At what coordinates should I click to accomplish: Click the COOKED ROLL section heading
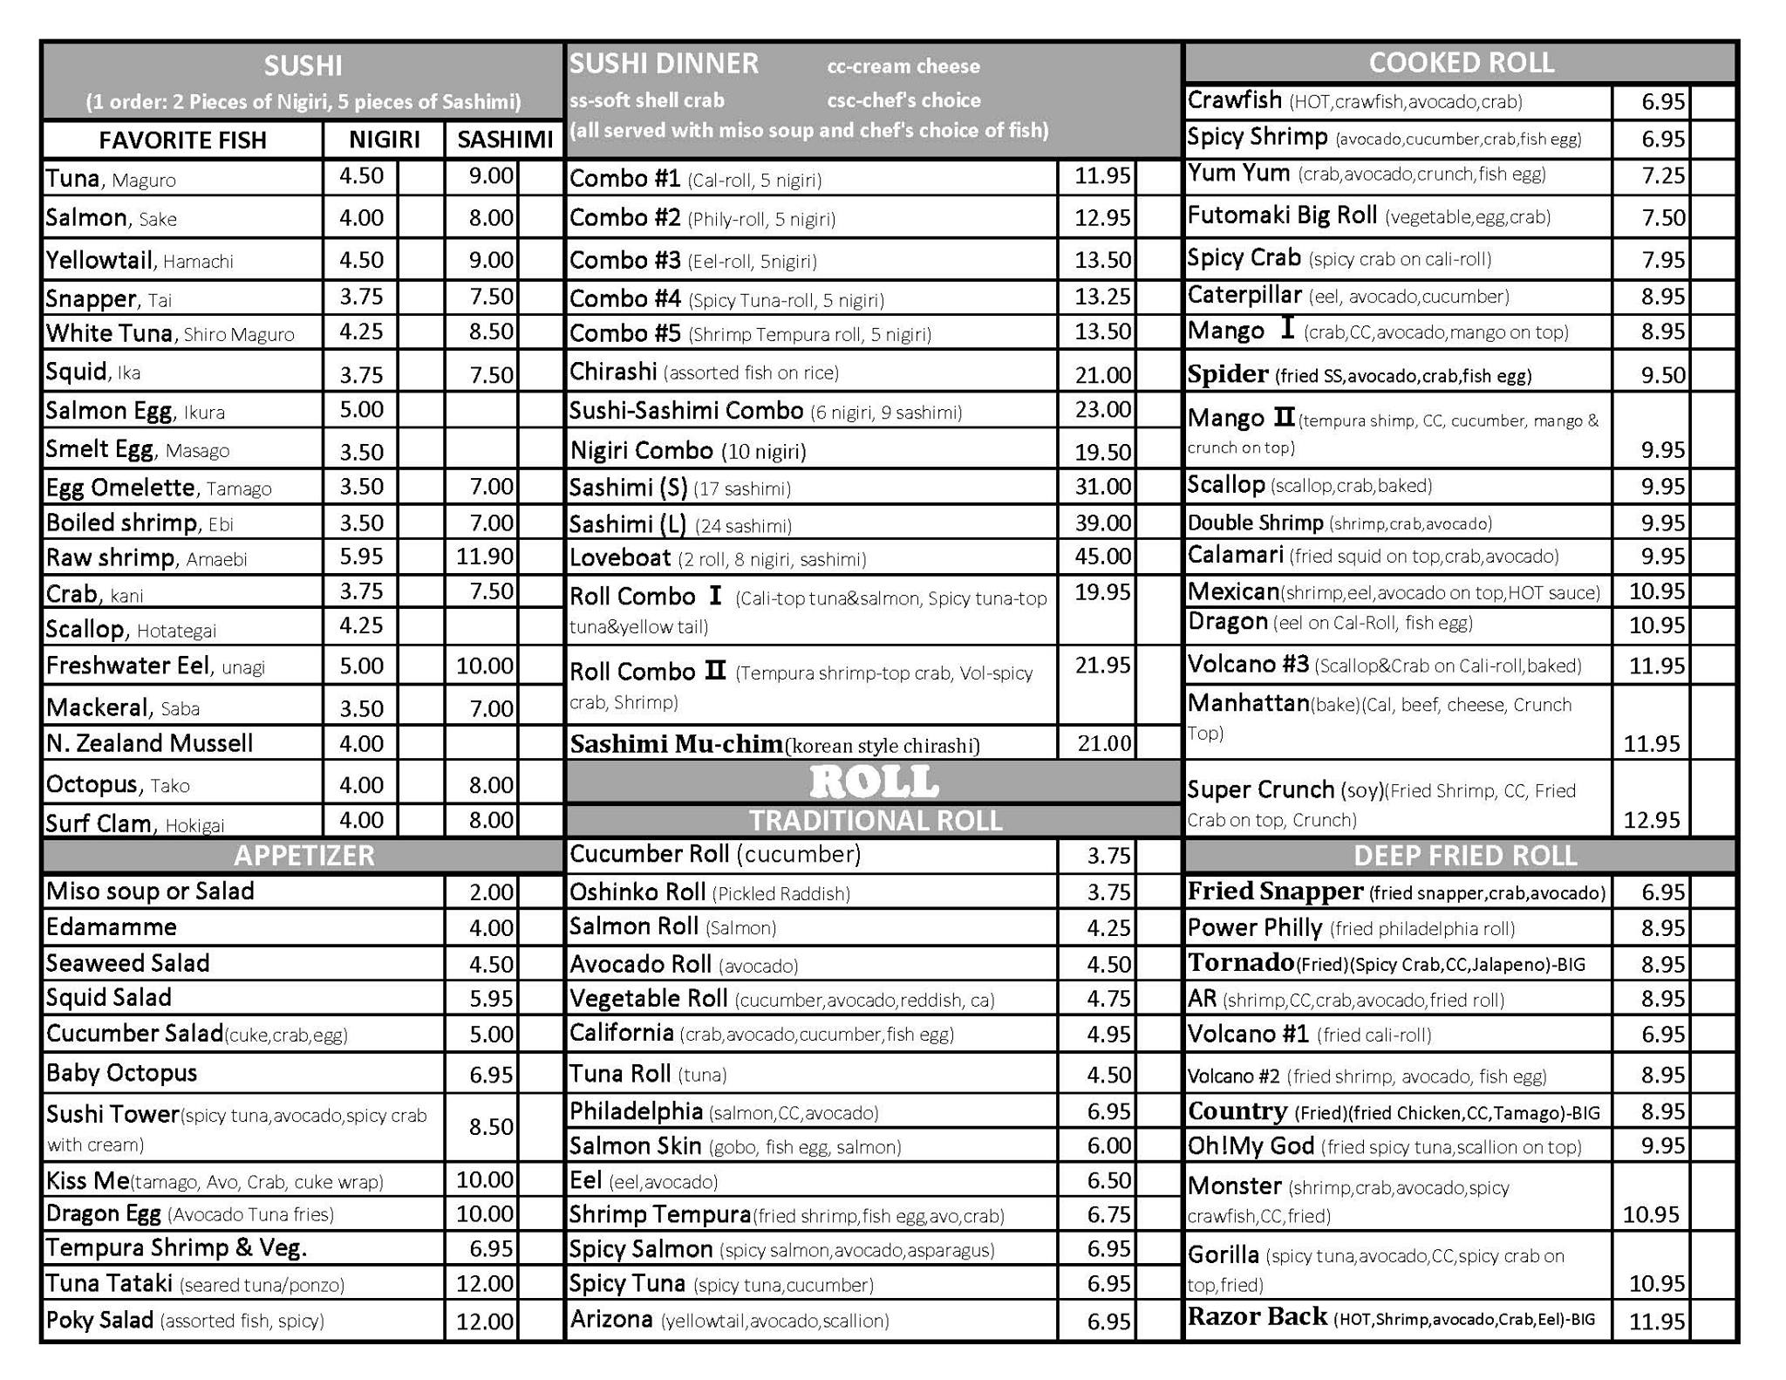pos(1461,63)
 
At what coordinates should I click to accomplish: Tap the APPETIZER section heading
pos(303,856)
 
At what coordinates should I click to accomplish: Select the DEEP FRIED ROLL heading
pos(1465,856)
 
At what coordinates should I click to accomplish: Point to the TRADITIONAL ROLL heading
pos(876,821)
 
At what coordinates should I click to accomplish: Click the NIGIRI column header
pos(384,140)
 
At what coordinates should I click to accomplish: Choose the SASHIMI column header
pos(505,140)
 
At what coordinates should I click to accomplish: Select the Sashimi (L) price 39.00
pos(1102,523)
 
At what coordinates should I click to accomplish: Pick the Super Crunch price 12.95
pos(1651,820)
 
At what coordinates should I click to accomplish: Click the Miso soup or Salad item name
pos(150,892)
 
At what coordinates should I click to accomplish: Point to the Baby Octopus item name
pos(121,1073)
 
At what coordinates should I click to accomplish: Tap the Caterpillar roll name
pos(1244,296)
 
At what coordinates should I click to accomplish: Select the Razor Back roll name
pos(1257,1316)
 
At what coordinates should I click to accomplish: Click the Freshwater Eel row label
pos(128,666)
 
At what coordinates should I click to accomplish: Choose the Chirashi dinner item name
pos(613,372)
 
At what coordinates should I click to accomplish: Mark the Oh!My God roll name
pos(1251,1146)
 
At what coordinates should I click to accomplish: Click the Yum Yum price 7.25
pos(1663,176)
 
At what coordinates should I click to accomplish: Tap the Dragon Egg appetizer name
pos(103,1214)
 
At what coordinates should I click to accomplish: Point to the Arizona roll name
pos(611,1320)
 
